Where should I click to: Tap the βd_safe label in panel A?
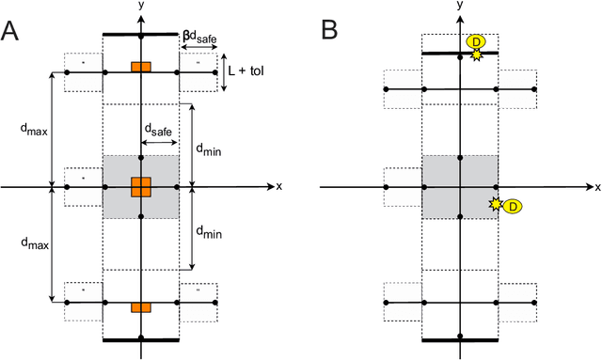(x=199, y=39)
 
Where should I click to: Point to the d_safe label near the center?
(x=157, y=130)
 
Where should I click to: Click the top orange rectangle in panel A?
(x=140, y=67)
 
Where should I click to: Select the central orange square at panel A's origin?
(x=140, y=186)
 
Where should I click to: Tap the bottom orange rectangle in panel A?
(x=140, y=306)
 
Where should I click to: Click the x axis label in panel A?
(x=278, y=186)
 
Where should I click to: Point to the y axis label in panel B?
(x=460, y=6)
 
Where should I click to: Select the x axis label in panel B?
(x=599, y=187)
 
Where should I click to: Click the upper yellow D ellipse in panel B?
(x=477, y=41)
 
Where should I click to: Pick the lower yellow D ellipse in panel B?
(x=513, y=206)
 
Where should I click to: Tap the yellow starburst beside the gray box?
(x=495, y=203)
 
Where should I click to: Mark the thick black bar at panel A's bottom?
(x=140, y=339)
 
